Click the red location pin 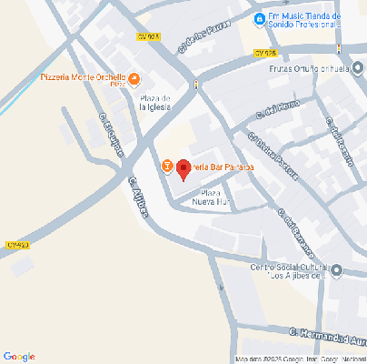pos(183,168)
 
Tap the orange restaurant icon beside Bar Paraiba pos(167,167)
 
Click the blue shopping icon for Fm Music pos(260,18)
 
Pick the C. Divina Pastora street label pos(260,149)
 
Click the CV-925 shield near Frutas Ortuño pos(265,54)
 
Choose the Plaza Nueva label pos(210,198)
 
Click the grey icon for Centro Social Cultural pos(337,270)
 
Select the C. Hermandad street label pos(328,334)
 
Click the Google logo pos(19,355)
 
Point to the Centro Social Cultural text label pos(289,271)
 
